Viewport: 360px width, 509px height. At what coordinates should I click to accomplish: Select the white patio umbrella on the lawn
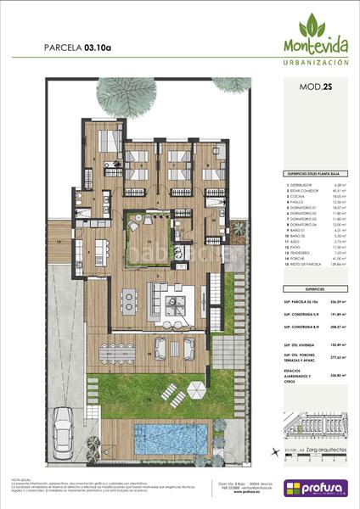[x=195, y=389]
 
